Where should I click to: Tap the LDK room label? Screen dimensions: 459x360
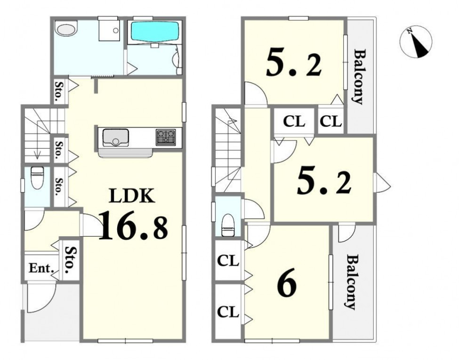point(131,196)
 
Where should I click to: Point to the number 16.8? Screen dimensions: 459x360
point(133,225)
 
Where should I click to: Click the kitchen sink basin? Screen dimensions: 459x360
point(116,137)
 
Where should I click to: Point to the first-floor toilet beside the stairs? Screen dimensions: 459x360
point(37,178)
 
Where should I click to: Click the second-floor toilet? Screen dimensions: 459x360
point(228,225)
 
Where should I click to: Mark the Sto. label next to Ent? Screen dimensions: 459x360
point(71,260)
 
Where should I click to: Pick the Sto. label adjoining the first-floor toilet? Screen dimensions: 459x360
point(59,187)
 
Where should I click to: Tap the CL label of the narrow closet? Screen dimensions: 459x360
point(331,121)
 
